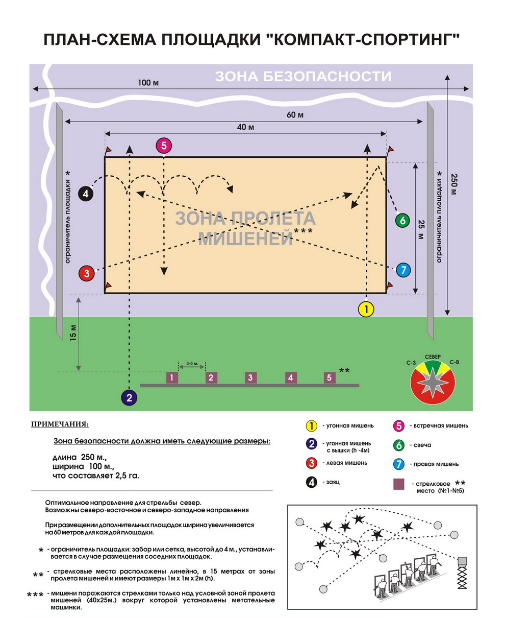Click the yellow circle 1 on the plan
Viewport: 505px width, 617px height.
click(366, 309)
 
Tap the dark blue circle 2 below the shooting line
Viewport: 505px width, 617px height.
click(129, 397)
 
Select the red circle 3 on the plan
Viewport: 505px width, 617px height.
click(87, 273)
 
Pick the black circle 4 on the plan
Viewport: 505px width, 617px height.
click(86, 194)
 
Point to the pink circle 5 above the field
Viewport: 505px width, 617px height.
click(163, 146)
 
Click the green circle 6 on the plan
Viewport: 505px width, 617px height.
click(402, 221)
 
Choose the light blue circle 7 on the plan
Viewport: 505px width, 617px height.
click(403, 270)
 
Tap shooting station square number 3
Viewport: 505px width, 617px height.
click(250, 377)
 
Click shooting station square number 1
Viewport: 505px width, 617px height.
click(173, 377)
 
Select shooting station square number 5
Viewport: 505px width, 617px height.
click(330, 377)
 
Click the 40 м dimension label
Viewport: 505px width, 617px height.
click(245, 127)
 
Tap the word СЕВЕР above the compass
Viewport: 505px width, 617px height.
click(433, 357)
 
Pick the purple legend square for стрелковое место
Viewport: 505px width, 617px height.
click(399, 484)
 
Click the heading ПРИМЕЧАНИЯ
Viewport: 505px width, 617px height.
click(60, 424)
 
